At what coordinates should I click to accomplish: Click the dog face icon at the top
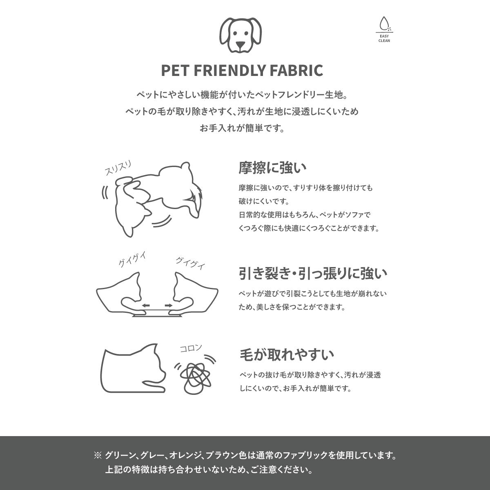point(241,35)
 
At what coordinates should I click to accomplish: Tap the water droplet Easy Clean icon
point(384,23)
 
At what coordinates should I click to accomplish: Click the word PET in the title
point(176,70)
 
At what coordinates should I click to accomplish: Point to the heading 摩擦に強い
point(272,168)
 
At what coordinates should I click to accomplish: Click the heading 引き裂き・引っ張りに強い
point(313,274)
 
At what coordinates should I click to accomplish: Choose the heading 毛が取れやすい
point(287,355)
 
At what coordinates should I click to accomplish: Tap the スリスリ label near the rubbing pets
point(118,168)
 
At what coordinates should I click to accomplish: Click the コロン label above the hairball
point(191,348)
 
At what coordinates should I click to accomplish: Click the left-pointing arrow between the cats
point(146,305)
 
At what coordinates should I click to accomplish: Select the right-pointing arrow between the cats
point(169,305)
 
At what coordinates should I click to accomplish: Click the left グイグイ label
point(132,259)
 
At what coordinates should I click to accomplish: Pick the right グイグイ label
point(190,263)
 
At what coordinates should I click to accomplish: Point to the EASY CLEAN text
point(384,38)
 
